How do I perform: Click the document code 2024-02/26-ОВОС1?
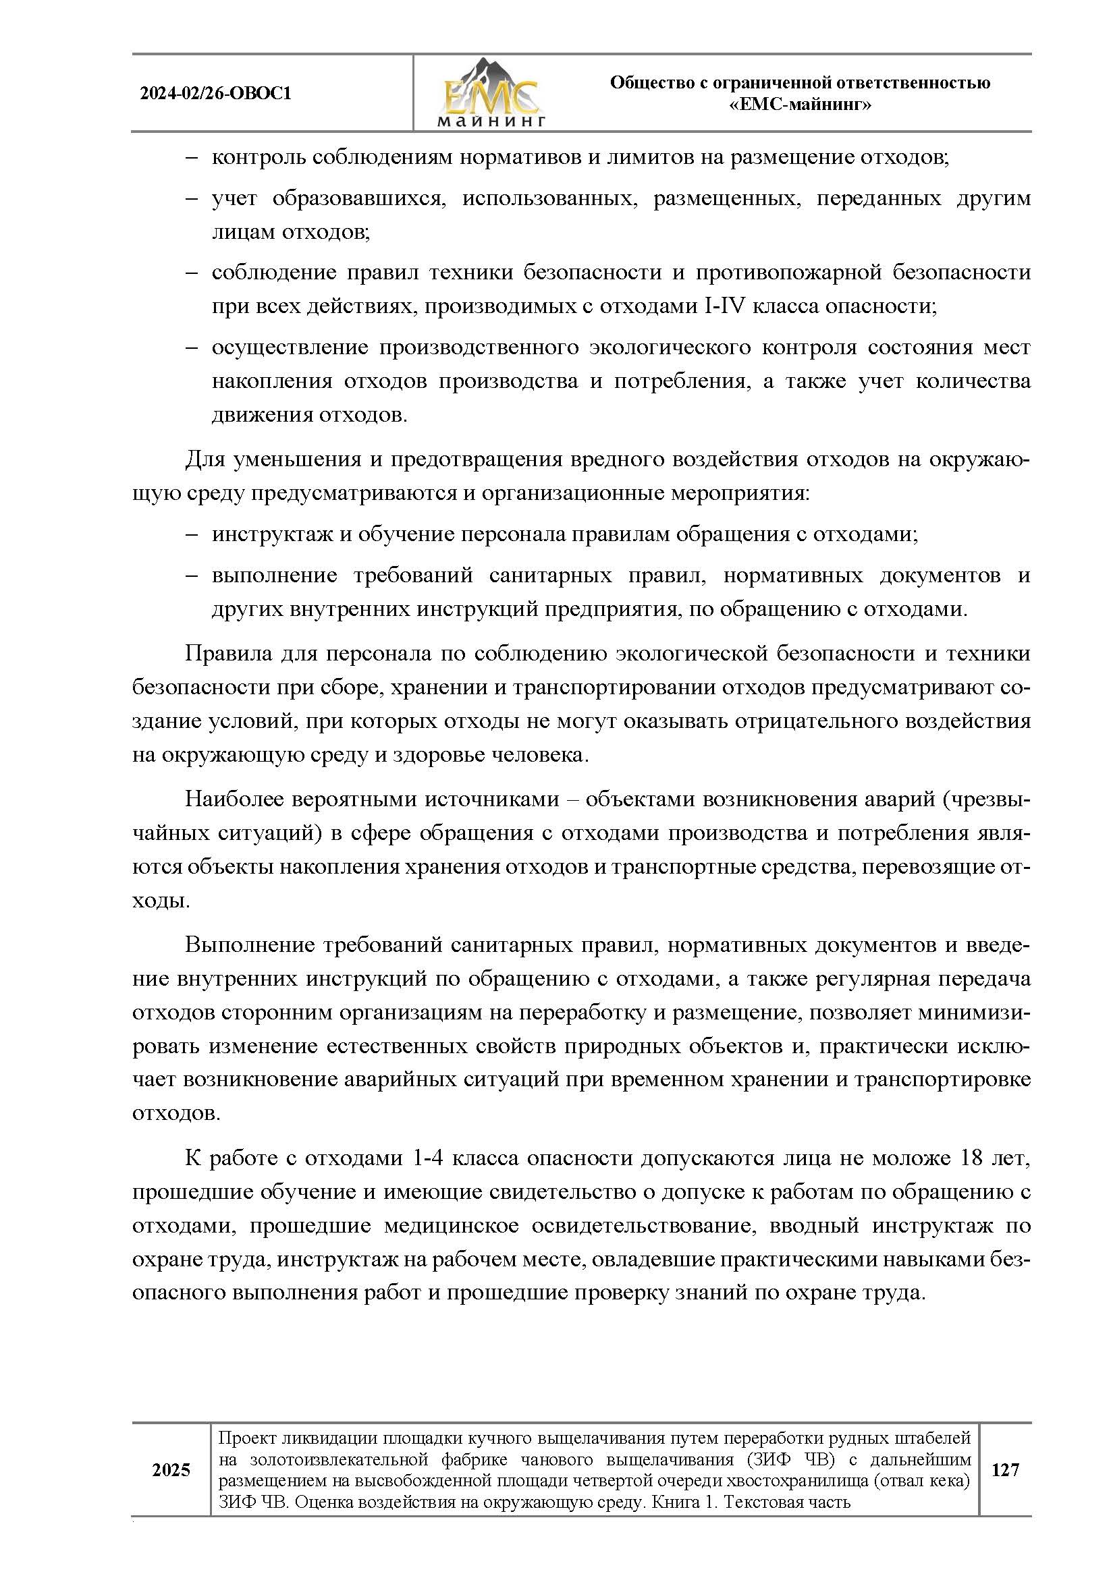pos(215,94)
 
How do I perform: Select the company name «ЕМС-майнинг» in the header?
pos(800,105)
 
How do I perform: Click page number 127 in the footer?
pos(1004,1470)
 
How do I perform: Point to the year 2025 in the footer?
pos(171,1470)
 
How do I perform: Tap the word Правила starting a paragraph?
pos(227,653)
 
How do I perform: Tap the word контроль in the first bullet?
pos(256,158)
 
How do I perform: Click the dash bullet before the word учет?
pos(191,199)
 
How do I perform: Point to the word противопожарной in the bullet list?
pos(788,273)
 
